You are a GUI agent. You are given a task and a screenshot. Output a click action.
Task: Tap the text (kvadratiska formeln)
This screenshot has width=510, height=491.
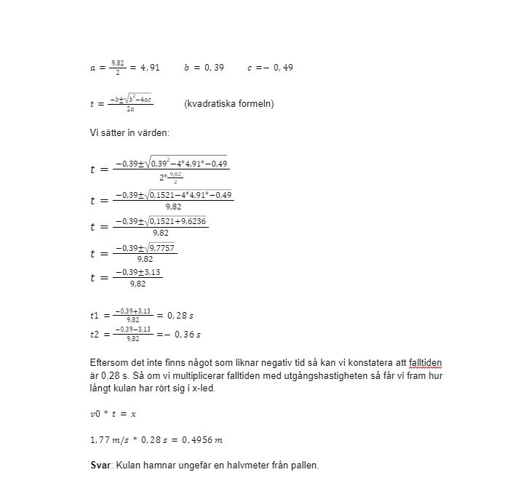pyautogui.click(x=229, y=104)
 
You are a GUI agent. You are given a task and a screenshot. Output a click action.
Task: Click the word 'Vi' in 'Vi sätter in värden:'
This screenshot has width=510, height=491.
pyautogui.click(x=95, y=133)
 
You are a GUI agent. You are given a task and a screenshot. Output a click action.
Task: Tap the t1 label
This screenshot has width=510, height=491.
pyautogui.click(x=95, y=316)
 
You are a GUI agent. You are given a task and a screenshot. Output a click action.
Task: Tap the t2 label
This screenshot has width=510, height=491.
pyautogui.click(x=95, y=335)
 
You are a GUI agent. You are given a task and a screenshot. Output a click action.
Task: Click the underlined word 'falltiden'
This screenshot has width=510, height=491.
pyautogui.click(x=421, y=362)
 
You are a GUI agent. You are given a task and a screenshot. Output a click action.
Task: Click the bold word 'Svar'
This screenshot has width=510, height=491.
pyautogui.click(x=100, y=465)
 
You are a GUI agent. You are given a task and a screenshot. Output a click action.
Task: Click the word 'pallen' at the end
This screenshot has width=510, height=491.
pyautogui.click(x=303, y=465)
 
